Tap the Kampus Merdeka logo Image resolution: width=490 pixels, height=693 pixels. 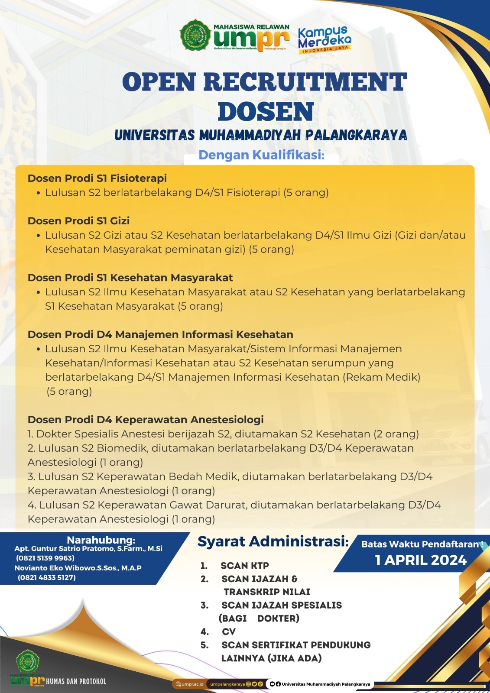(x=325, y=39)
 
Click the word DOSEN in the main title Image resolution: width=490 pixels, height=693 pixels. (x=266, y=112)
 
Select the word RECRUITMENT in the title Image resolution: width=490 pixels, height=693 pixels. (x=305, y=82)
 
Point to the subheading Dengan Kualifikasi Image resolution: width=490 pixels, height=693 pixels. (x=261, y=155)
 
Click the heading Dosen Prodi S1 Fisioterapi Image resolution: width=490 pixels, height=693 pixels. (x=97, y=178)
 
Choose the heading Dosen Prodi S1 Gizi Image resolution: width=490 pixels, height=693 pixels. (x=78, y=221)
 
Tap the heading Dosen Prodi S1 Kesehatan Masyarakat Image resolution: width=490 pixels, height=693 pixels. (x=130, y=278)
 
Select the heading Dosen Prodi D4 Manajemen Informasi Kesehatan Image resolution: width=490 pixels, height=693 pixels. (x=160, y=334)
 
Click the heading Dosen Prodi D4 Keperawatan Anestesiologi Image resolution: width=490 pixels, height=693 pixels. (x=146, y=420)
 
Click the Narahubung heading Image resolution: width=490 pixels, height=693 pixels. (x=101, y=540)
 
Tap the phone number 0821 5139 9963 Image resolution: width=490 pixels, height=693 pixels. (x=45, y=558)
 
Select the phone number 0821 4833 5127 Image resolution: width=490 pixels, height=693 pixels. (x=47, y=577)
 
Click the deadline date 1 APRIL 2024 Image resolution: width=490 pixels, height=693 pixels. (x=421, y=560)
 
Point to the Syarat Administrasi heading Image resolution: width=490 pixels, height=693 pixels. (x=273, y=541)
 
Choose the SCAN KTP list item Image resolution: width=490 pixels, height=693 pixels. (x=244, y=566)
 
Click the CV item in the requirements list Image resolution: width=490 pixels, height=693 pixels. (x=229, y=632)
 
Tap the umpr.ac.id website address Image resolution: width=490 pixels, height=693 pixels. (x=192, y=684)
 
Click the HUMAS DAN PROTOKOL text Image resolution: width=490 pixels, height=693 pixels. (x=76, y=681)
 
